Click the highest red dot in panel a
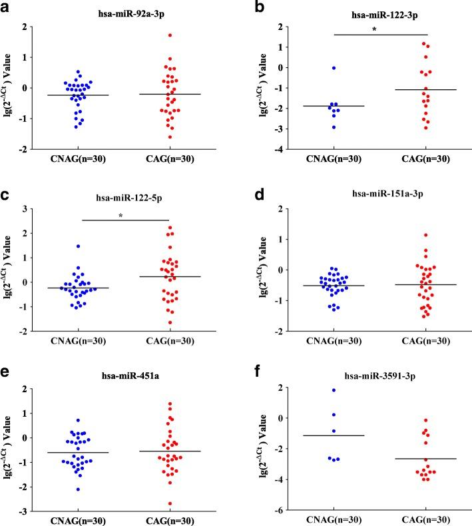tap(170, 35)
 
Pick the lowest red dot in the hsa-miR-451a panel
tap(170, 503)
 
